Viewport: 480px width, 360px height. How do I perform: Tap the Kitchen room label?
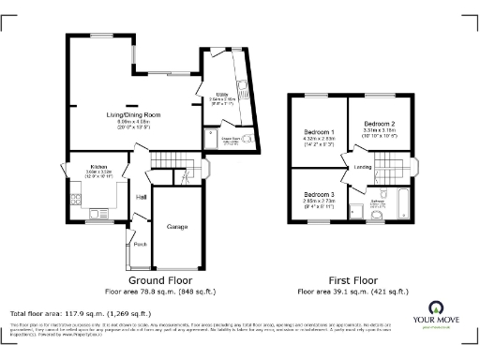73,166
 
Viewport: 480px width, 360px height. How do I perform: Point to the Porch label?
140,245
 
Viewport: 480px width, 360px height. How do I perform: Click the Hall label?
142,197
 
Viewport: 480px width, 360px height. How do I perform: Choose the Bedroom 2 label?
379,124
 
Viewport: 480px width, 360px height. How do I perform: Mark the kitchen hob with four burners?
74,199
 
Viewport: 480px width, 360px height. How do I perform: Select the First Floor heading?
353,280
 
